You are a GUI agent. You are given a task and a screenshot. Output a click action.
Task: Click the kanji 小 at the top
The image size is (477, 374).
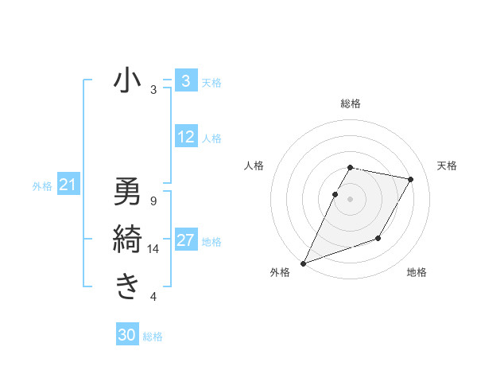(x=127, y=80)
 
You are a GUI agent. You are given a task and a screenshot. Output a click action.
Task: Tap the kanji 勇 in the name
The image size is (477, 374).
(x=127, y=191)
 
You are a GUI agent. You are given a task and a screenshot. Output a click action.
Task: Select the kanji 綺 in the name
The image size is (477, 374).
(x=127, y=240)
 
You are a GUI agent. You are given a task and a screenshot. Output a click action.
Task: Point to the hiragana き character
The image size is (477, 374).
(x=127, y=286)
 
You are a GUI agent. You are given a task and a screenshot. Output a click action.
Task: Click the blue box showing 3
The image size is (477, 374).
(x=185, y=81)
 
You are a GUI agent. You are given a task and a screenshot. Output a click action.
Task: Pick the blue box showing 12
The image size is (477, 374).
(x=185, y=138)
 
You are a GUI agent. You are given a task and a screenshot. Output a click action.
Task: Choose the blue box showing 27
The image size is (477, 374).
(x=185, y=240)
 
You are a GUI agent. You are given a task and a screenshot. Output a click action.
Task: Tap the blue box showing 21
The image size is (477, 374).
(x=68, y=186)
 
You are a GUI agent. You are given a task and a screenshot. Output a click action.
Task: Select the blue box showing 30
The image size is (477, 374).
(x=127, y=335)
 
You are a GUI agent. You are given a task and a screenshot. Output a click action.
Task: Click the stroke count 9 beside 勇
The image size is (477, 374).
(x=153, y=201)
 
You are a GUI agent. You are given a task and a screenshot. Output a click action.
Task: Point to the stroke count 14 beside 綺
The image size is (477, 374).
(x=153, y=249)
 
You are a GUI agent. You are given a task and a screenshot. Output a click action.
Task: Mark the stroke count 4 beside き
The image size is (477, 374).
(x=153, y=297)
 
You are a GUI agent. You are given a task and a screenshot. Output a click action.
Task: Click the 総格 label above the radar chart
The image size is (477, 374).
(x=351, y=103)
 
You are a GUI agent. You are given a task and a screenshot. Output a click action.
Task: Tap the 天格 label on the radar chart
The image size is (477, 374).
(x=447, y=166)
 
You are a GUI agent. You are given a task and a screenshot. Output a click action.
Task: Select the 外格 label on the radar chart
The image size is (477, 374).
(x=279, y=272)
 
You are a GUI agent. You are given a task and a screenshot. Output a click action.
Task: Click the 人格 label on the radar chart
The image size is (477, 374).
(x=254, y=166)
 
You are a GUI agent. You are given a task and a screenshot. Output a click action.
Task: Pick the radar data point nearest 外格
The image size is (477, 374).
(x=303, y=263)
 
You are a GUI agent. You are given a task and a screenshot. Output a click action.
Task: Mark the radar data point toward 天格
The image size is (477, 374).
(x=410, y=180)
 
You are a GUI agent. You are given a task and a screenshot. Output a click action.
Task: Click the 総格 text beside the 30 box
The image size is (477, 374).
(x=153, y=337)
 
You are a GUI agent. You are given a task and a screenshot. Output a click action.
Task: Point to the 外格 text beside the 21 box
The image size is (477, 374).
(x=42, y=187)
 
